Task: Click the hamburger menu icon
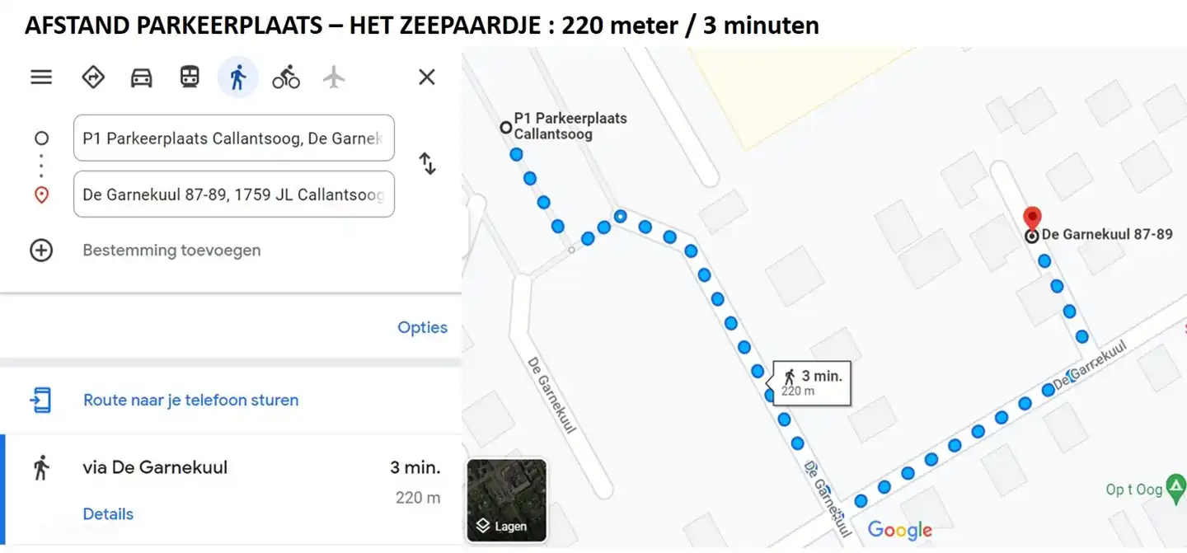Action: [x=41, y=77]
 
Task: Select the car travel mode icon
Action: [x=142, y=77]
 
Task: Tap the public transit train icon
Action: [x=190, y=77]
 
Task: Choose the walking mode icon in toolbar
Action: [x=238, y=77]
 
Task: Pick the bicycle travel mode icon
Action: [x=286, y=77]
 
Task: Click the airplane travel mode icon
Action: [x=333, y=77]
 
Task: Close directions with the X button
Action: [x=426, y=77]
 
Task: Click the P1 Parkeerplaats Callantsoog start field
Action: [x=234, y=138]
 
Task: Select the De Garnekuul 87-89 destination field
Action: [x=234, y=194]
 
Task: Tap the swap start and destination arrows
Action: [x=427, y=163]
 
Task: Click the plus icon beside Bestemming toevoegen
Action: [x=41, y=251]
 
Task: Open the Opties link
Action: [x=422, y=327]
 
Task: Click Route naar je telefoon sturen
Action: [x=190, y=401]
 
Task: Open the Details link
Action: [x=108, y=514]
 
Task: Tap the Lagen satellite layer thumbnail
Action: [x=506, y=500]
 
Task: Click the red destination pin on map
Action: [x=1031, y=220]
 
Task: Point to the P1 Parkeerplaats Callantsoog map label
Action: [x=570, y=125]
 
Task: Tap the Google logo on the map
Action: [x=899, y=530]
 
